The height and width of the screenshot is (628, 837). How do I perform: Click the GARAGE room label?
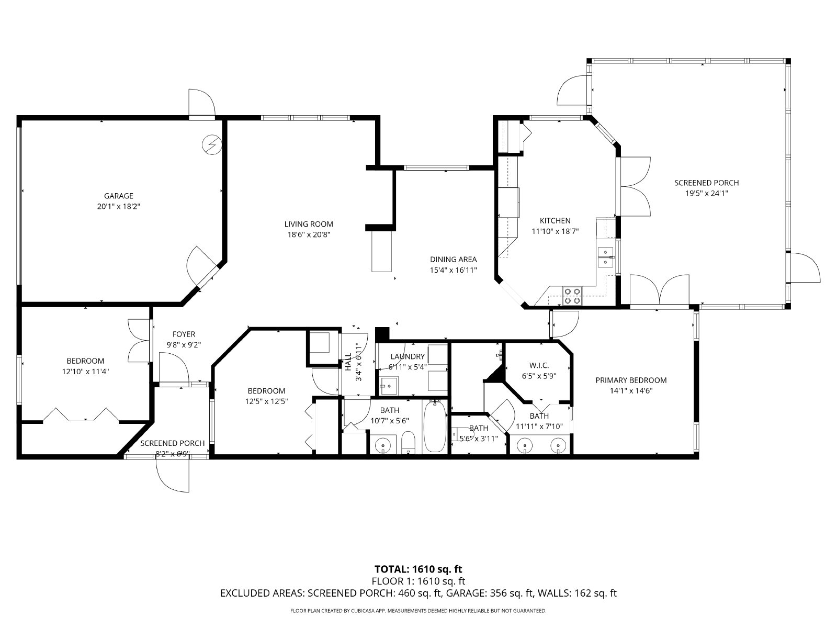click(119, 196)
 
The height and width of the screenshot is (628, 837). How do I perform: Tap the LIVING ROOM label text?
click(309, 224)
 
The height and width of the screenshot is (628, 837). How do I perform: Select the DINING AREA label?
click(454, 260)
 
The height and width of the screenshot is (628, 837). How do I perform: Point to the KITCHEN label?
click(555, 221)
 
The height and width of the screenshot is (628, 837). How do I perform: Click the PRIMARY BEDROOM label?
click(631, 380)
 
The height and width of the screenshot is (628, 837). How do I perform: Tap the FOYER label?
click(184, 334)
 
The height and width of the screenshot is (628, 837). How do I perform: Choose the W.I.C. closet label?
click(539, 366)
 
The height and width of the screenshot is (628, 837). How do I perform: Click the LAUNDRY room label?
click(408, 356)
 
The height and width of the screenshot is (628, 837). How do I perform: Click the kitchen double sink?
click(606, 257)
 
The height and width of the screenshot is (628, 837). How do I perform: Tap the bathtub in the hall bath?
click(435, 427)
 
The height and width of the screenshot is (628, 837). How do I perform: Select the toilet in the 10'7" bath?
click(408, 443)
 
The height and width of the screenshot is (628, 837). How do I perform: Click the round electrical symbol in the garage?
click(212, 144)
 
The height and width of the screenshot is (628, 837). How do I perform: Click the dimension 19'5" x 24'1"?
click(707, 193)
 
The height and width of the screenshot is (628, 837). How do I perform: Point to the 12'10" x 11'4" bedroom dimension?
click(85, 372)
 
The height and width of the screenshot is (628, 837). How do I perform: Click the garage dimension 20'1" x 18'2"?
click(119, 207)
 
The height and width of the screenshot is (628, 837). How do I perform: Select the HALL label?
click(348, 362)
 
